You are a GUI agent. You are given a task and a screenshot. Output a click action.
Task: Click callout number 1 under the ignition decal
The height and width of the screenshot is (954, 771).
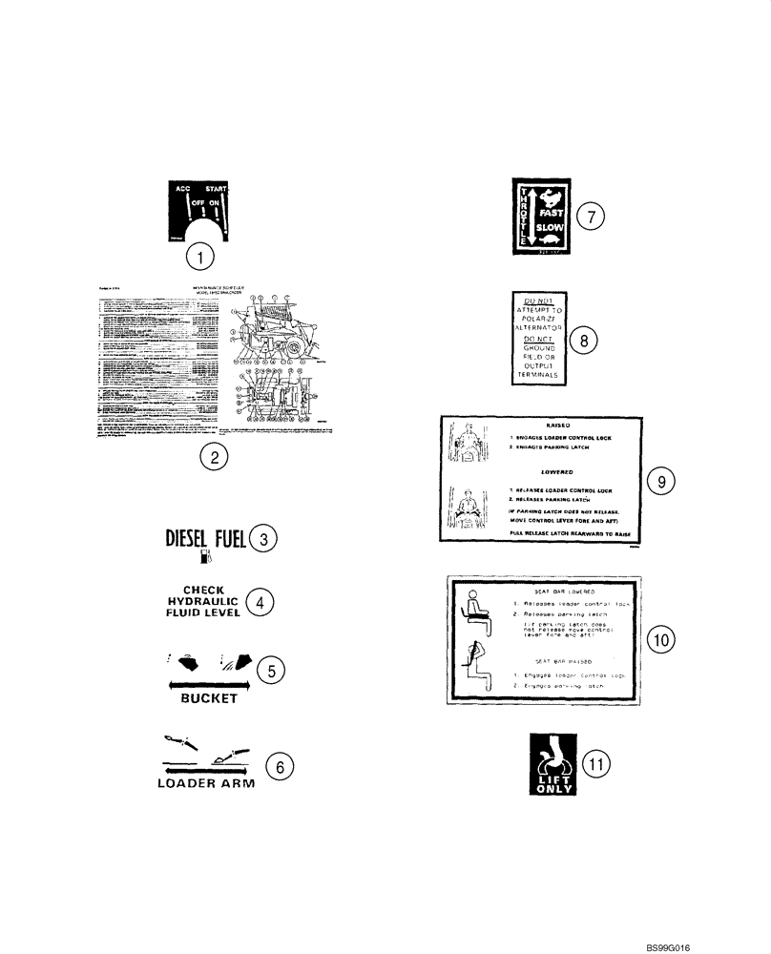(199, 256)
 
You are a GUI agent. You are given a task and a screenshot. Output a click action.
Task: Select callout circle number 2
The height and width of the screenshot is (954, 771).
(215, 458)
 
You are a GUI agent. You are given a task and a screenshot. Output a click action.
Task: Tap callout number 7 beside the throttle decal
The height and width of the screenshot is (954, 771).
(592, 217)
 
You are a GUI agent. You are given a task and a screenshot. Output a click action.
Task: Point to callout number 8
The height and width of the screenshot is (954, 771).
(584, 338)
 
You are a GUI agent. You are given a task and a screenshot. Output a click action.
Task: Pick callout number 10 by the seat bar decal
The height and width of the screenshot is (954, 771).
(661, 639)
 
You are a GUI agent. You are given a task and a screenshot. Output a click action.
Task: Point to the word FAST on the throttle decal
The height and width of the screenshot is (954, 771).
(552, 216)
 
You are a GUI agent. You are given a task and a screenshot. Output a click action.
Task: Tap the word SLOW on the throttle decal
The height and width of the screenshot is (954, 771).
(552, 230)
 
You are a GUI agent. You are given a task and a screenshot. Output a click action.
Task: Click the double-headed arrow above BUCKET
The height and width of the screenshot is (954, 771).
(208, 684)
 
